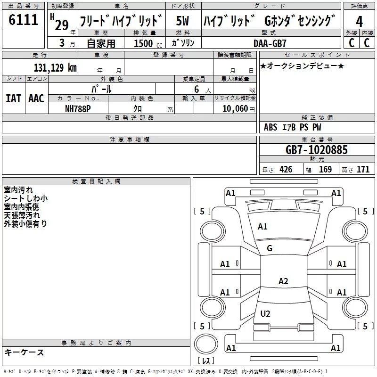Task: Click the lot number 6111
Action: point(24,20)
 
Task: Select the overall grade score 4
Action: point(359,21)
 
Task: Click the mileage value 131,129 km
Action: point(55,67)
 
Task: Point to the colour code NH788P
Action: point(78,108)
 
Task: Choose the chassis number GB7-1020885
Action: point(316,150)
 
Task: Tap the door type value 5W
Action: point(183,21)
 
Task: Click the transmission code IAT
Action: point(13,98)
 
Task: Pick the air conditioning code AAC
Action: point(36,98)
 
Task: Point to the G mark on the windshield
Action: point(270,248)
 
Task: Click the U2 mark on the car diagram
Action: point(265,314)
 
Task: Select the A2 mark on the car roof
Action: point(283,281)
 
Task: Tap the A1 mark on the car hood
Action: point(262,227)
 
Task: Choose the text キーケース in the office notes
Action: point(24,352)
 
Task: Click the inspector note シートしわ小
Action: point(26,198)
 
